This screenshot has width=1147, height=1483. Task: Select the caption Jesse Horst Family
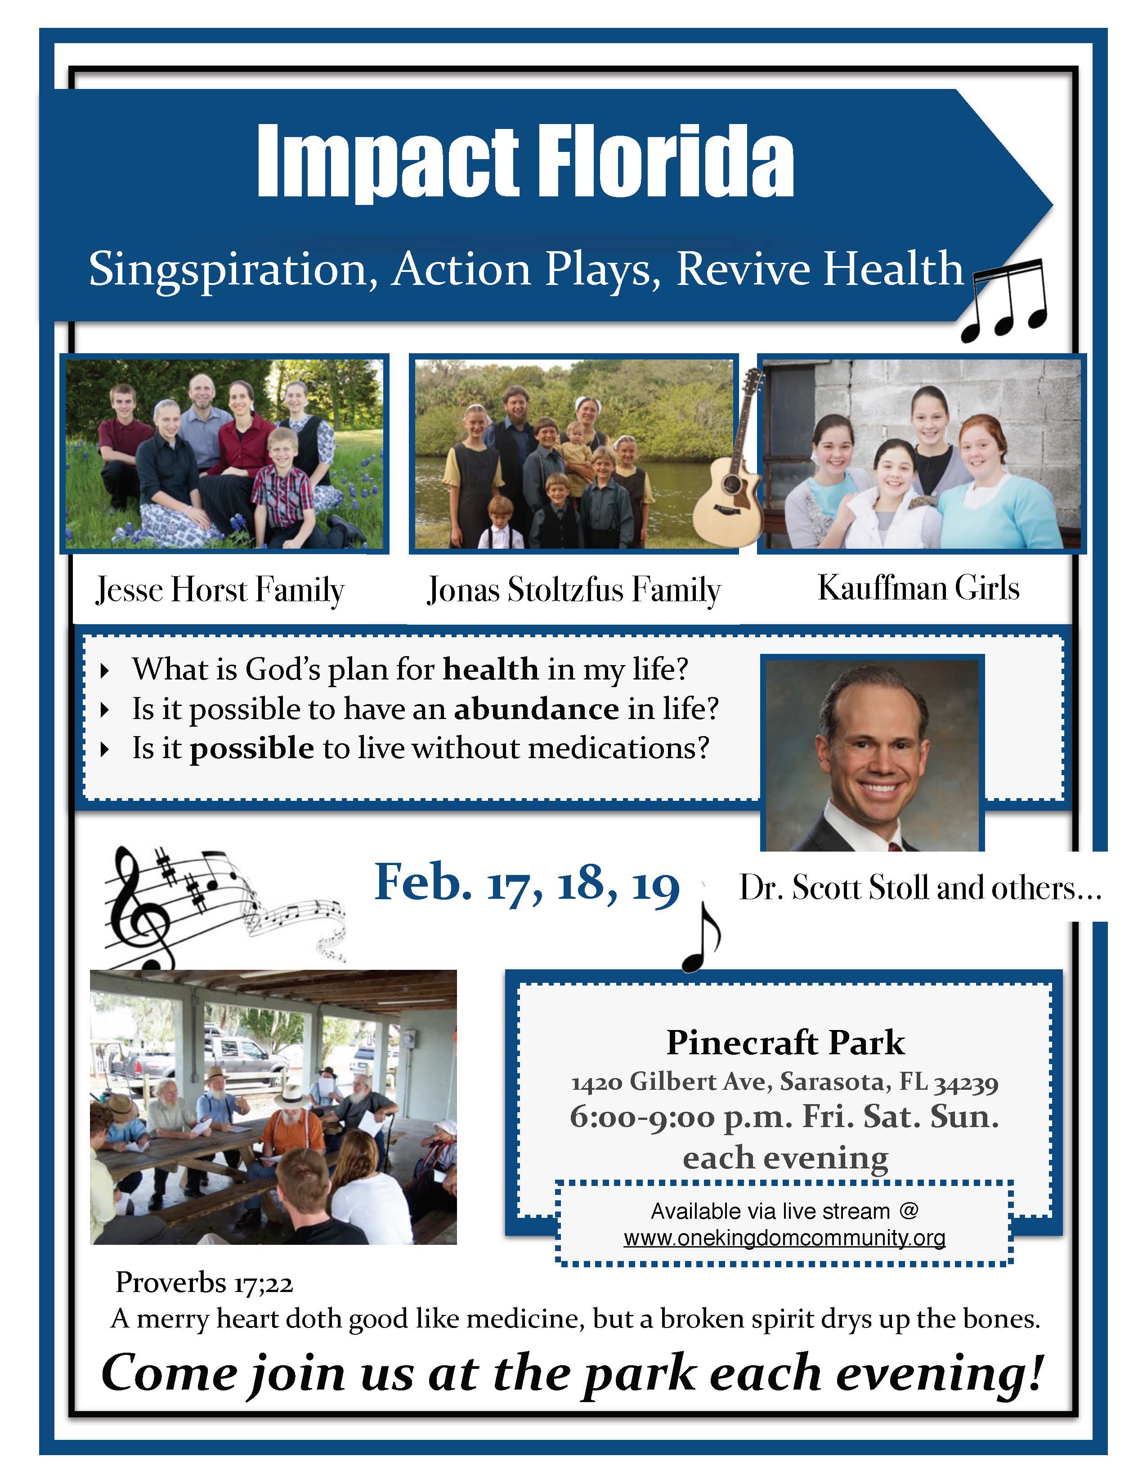click(220, 590)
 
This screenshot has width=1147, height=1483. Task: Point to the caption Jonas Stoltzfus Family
click(574, 590)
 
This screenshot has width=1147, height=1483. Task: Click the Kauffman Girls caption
click(918, 588)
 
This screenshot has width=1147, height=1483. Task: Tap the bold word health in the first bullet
click(491, 670)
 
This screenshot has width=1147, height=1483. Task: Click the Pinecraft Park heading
click(785, 1043)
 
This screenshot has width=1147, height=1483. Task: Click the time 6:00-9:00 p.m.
click(680, 1118)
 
